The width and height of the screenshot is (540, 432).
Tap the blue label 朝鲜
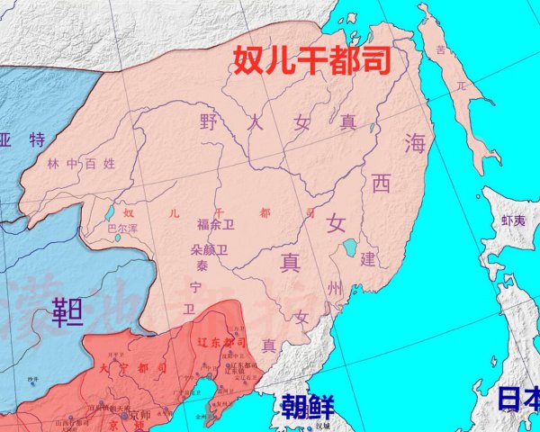tap(305, 406)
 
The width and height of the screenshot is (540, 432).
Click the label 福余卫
tap(215, 225)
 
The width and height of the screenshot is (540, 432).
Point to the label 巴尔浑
tap(124, 229)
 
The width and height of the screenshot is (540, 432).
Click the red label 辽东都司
tap(222, 344)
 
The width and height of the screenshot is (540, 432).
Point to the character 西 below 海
tap(382, 184)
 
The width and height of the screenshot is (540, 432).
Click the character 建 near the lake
tap(367, 259)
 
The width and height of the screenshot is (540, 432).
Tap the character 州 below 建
tap(336, 288)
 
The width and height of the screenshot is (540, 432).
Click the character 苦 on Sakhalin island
tap(440, 51)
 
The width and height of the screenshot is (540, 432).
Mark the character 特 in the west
tap(38, 139)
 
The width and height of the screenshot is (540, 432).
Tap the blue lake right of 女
tap(347, 247)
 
